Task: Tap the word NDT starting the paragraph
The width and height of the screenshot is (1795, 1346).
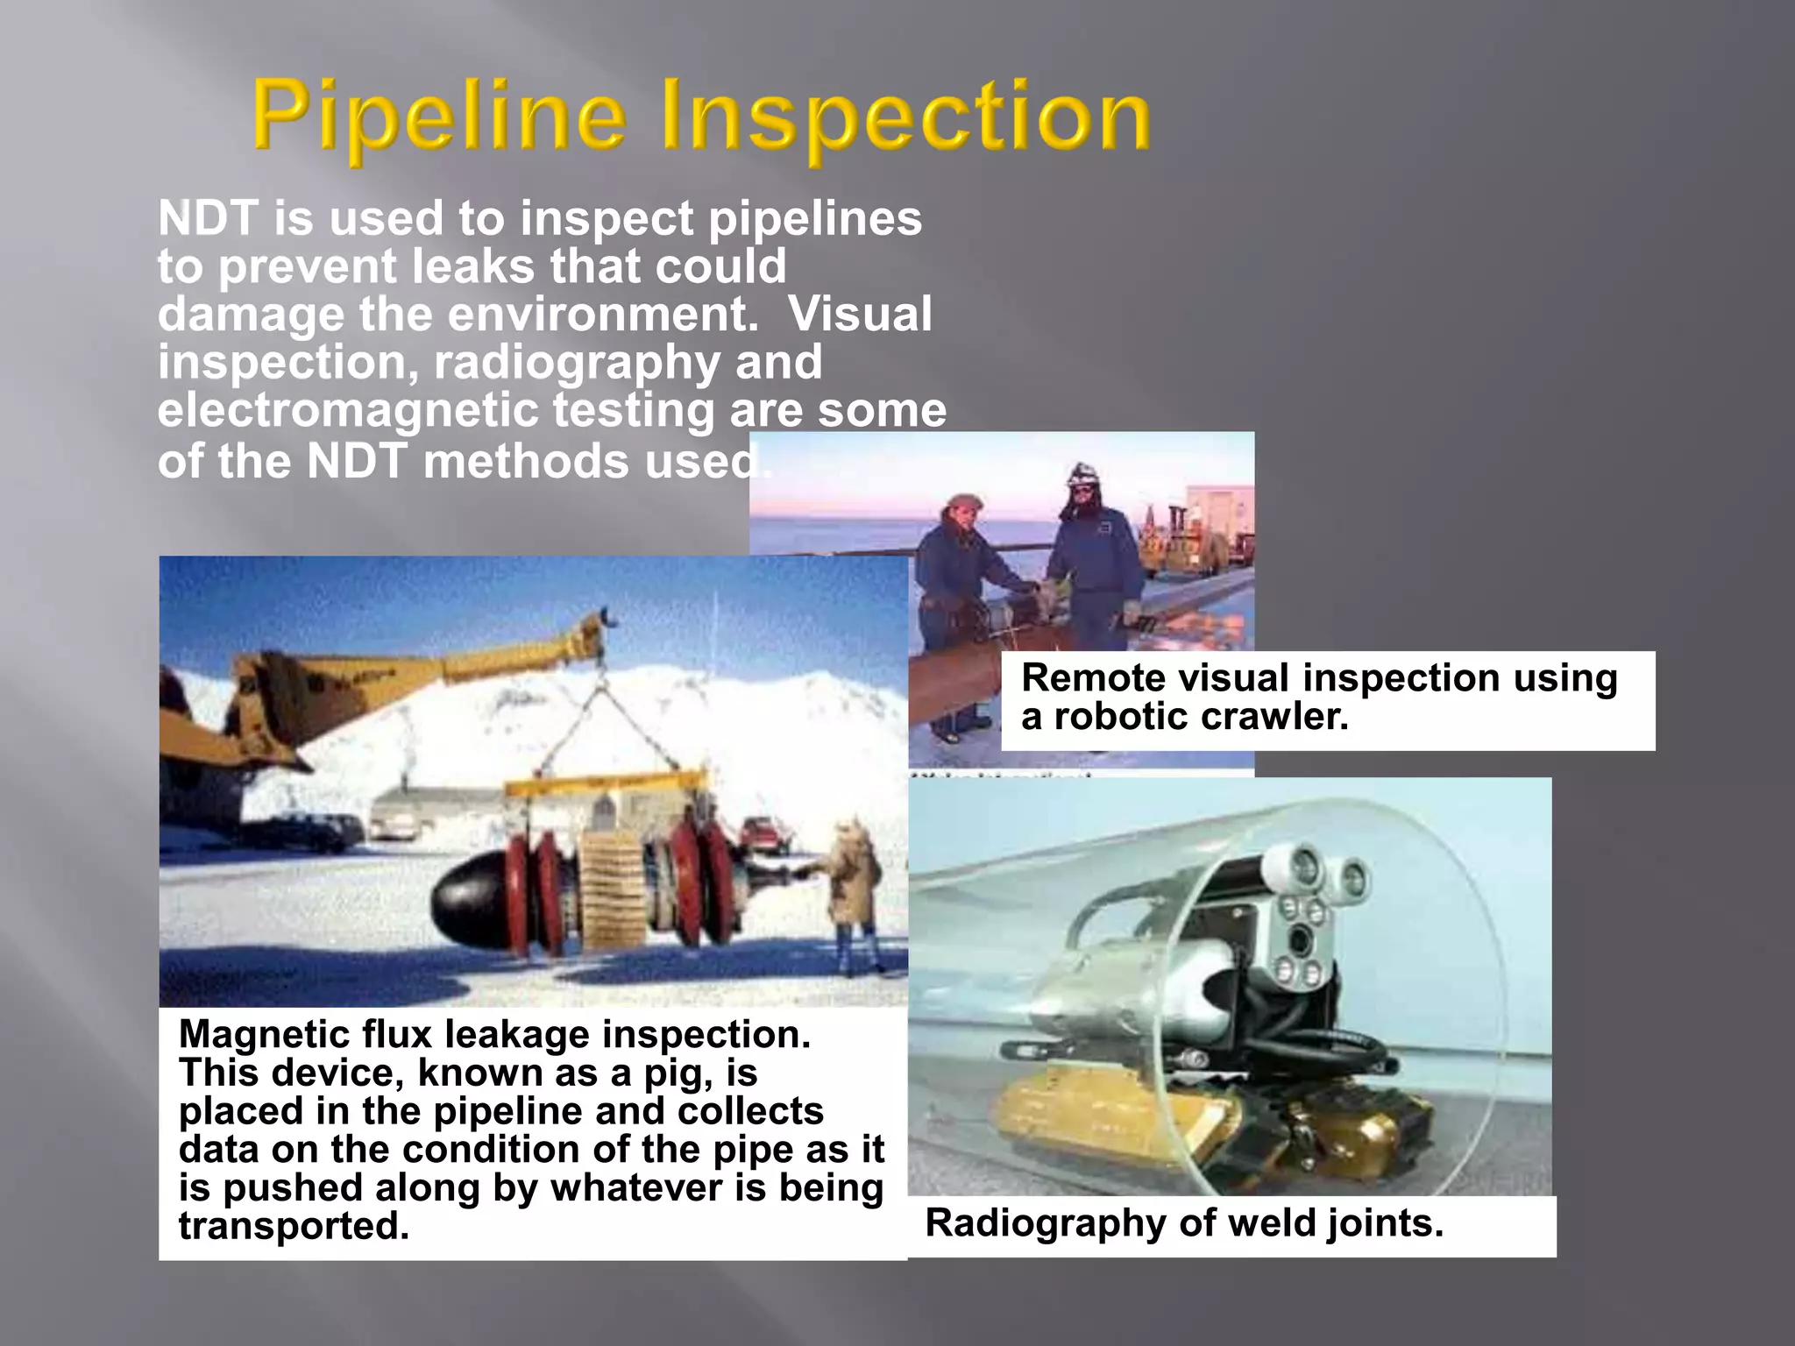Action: (x=208, y=218)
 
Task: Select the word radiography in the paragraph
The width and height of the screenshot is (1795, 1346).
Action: (x=576, y=363)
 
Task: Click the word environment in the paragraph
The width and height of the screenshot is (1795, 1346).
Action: (x=602, y=315)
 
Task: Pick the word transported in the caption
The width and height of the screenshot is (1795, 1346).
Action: (x=294, y=1226)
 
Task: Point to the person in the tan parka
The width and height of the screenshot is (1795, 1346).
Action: (x=854, y=885)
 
